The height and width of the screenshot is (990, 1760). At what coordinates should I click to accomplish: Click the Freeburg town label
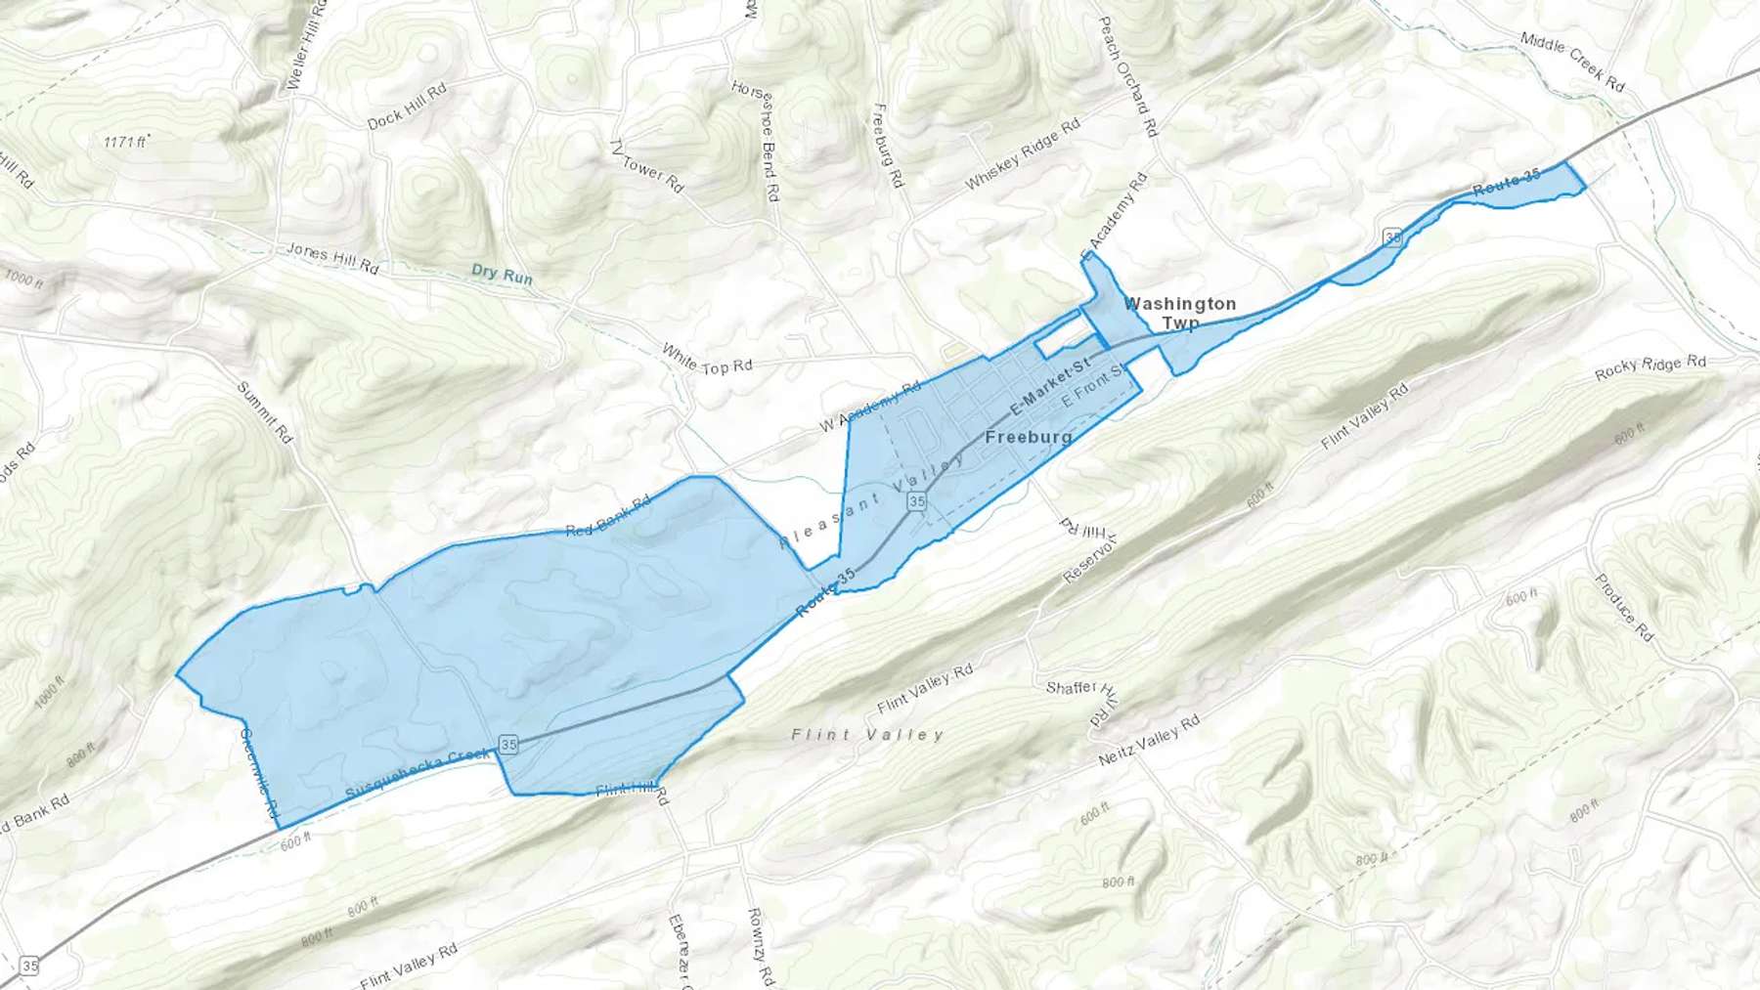(x=1028, y=437)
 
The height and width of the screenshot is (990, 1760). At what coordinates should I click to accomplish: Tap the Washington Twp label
(x=1180, y=313)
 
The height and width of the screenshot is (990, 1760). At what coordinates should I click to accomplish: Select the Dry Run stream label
(x=502, y=275)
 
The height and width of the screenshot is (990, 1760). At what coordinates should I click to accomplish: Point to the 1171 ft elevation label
(x=125, y=143)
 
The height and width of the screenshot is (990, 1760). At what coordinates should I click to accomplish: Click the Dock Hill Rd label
(x=406, y=106)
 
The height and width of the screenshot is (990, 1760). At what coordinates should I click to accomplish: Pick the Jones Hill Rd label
(x=331, y=258)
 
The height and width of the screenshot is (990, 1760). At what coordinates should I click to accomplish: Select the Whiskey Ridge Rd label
(x=1022, y=153)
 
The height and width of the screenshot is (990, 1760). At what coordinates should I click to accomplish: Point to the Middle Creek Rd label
(x=1572, y=62)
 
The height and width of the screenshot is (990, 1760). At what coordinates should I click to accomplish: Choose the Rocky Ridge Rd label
(x=1650, y=367)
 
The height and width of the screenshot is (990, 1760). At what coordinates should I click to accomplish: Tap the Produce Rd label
(x=1623, y=607)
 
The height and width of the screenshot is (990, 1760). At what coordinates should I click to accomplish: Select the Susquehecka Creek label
(x=418, y=774)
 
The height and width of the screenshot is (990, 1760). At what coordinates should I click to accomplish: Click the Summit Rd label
(x=265, y=412)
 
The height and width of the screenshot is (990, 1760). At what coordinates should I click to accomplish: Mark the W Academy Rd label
(x=869, y=407)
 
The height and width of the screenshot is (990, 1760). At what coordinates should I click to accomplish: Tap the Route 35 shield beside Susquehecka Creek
(x=507, y=745)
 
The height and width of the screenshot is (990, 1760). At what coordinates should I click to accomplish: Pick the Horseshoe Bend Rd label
(x=755, y=142)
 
